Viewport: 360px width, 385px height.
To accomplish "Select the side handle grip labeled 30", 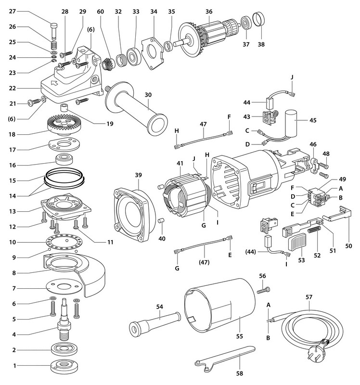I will tap(140, 111).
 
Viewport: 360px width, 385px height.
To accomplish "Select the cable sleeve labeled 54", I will tap(154, 322).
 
